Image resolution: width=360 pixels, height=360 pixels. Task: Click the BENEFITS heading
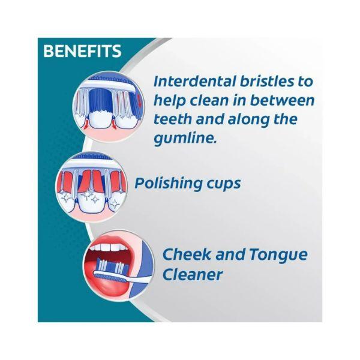coord(82,51)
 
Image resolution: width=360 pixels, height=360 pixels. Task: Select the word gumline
coord(185,139)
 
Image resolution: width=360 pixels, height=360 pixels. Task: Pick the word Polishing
coord(164,184)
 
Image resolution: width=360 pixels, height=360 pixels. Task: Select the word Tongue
coord(278,256)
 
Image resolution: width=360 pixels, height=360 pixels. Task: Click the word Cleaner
coord(193,274)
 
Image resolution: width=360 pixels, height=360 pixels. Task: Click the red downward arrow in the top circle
coord(139,101)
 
